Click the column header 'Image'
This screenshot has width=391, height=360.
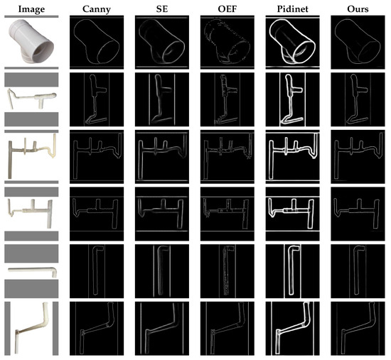tap(31, 9)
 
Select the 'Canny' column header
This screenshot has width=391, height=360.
tap(97, 9)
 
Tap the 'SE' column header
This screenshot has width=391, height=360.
tap(162, 9)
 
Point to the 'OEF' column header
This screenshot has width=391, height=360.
tap(227, 9)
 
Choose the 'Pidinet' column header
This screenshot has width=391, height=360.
tap(292, 9)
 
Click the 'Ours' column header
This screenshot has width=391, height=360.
tap(358, 9)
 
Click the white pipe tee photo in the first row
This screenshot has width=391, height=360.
tap(31, 42)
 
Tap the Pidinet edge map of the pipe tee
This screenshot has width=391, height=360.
tap(292, 42)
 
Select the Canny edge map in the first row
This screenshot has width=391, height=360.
tap(97, 42)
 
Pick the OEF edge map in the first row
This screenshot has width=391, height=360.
tap(227, 42)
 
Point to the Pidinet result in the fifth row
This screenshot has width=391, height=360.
tap(292, 271)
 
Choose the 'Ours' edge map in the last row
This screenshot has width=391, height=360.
tap(358, 328)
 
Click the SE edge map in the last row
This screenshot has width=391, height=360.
tap(162, 328)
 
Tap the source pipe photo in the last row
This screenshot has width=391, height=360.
tap(31, 328)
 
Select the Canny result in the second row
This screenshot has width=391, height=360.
tap(97, 99)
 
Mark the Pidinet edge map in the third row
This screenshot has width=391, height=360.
tap(292, 157)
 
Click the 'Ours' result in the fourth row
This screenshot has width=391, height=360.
tap(358, 214)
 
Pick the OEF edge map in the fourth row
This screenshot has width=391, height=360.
tap(227, 214)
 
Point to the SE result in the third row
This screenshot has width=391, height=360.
tap(162, 157)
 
